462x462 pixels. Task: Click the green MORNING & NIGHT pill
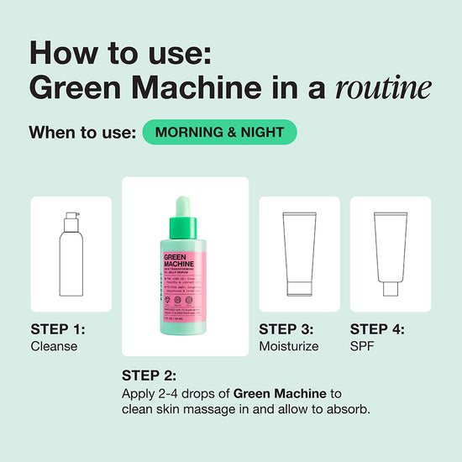pos(219,132)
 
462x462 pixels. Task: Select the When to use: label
pos(82,133)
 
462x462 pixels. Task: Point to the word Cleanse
pos(54,346)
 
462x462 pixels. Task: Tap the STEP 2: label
pos(150,375)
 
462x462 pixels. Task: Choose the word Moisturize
pos(289,346)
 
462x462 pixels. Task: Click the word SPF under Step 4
pos(361,346)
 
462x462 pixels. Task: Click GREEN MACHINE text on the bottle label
pos(177,265)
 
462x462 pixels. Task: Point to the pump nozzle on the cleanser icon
pos(71,218)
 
